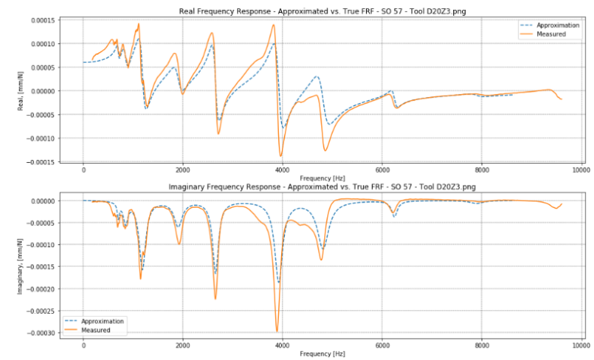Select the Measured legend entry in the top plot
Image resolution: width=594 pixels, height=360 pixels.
pos(550,34)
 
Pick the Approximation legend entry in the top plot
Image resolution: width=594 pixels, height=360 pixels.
pos(558,25)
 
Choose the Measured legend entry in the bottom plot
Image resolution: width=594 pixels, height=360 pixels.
pos(95,330)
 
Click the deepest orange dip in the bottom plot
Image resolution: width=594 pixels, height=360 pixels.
pos(277,330)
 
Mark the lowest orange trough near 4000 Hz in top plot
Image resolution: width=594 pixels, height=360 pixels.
pos(281,155)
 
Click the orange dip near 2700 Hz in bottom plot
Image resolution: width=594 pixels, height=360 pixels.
pos(215,298)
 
